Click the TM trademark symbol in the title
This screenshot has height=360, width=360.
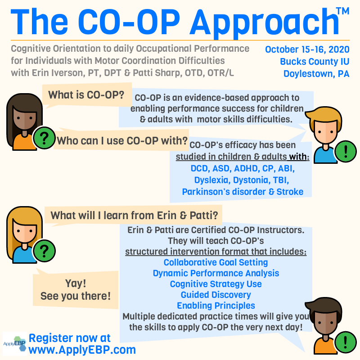pyautogui.click(x=342, y=11)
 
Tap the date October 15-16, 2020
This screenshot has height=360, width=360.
pyautogui.click(x=307, y=49)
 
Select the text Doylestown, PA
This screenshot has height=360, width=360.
pyautogui.click(x=316, y=74)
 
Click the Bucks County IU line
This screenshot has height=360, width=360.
pyautogui.click(x=315, y=62)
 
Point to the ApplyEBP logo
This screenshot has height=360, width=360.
pyautogui.click(x=15, y=343)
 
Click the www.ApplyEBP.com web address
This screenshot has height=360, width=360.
pyautogui.click(x=82, y=350)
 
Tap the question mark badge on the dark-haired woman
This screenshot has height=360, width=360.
pyautogui.click(x=44, y=138)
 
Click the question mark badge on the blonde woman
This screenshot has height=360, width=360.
pyautogui.click(x=44, y=251)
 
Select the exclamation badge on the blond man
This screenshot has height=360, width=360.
pyautogui.click(x=346, y=152)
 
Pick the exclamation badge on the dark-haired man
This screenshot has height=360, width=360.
pyautogui.click(x=346, y=342)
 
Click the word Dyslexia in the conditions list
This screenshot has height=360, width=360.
pyautogui.click(x=212, y=180)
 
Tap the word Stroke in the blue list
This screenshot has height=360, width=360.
pyautogui.click(x=290, y=192)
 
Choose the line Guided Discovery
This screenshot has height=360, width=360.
pyautogui.click(x=216, y=295)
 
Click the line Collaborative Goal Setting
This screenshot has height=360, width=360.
pyautogui.click(x=216, y=262)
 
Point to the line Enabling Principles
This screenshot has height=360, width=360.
pyautogui.click(x=216, y=306)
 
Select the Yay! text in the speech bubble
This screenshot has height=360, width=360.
pyautogui.click(x=76, y=283)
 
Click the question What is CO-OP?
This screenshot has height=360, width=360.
pyautogui.click(x=86, y=95)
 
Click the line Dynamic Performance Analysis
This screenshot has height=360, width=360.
pyautogui.click(x=216, y=273)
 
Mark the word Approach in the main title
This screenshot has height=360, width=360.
pyautogui.click(x=264, y=23)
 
